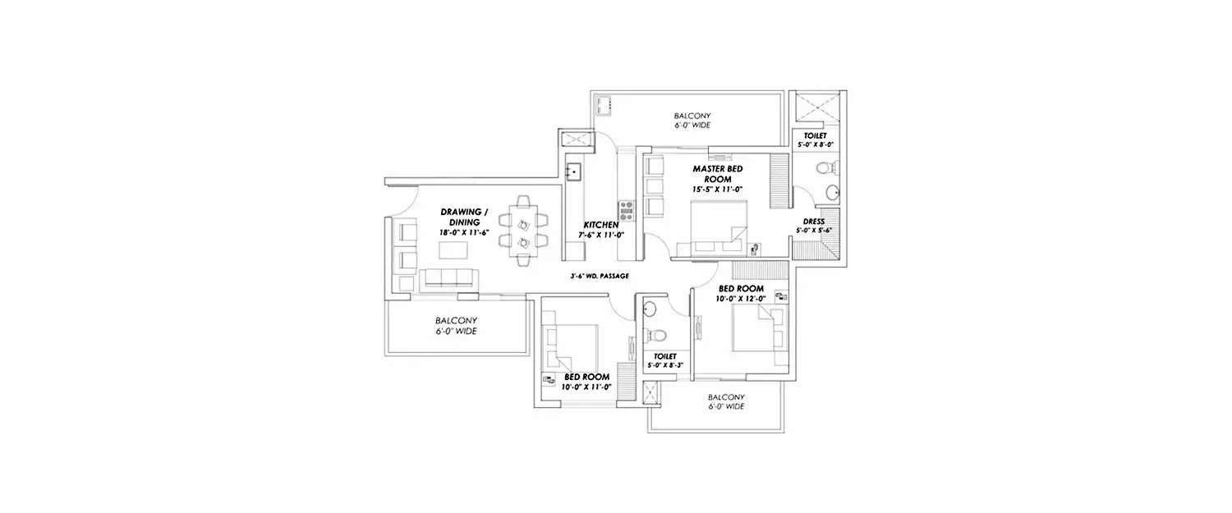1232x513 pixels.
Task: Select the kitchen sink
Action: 573,172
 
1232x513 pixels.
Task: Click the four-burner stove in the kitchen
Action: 626,210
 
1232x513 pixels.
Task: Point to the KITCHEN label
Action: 601,225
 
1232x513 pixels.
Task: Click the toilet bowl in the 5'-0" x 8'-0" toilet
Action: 824,169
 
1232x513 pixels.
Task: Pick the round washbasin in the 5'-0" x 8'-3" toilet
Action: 649,309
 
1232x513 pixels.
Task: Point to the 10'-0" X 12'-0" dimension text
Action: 742,299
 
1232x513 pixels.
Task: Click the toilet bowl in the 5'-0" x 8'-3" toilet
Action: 655,336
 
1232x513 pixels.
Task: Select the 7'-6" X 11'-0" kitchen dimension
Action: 601,236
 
